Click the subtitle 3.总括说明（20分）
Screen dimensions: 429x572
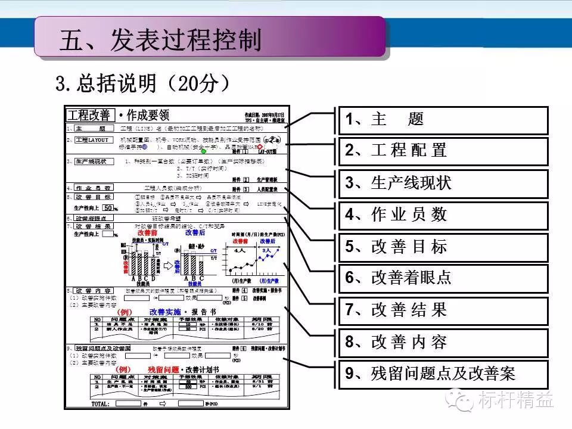(x=143, y=83)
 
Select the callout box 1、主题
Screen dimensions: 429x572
(x=443, y=119)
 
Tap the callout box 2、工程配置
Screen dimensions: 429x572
(x=443, y=150)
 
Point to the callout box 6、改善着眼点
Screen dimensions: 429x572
(x=443, y=277)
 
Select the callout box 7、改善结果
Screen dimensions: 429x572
(x=443, y=310)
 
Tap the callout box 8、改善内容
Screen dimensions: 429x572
(x=443, y=342)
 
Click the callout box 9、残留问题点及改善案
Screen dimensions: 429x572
(x=443, y=374)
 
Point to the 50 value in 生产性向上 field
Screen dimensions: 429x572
(x=108, y=208)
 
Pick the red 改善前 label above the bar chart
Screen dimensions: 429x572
(x=148, y=233)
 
